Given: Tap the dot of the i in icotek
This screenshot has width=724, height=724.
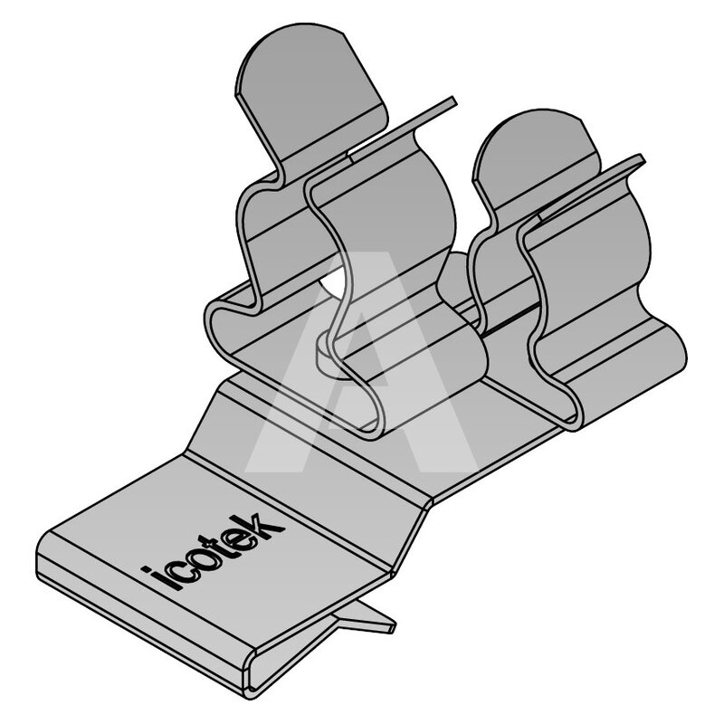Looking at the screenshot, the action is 147,571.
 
